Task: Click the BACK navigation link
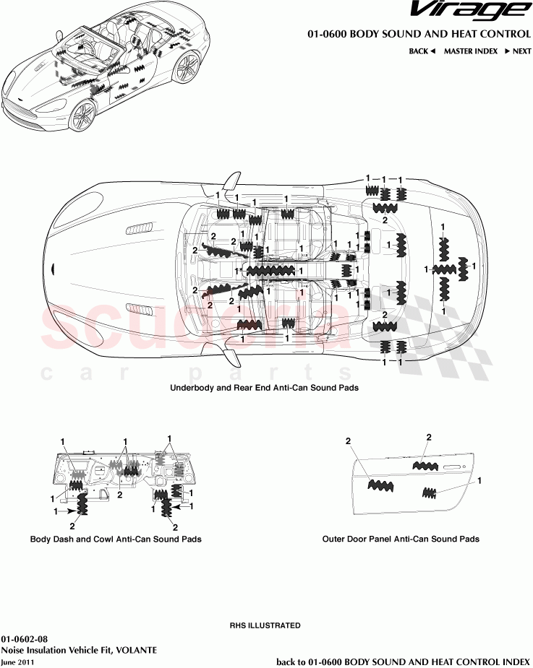coord(422,51)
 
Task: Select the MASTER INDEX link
coord(470,51)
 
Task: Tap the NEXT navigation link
coord(518,51)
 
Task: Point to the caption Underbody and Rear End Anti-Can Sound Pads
coord(264,388)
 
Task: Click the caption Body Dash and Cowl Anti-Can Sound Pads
coord(116,539)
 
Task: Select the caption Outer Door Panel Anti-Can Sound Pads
coord(401,539)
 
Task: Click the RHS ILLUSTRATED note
coord(265,625)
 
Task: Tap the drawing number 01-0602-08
coord(25,639)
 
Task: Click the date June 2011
coord(17,661)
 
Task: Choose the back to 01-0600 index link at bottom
coord(404,661)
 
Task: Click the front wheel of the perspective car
coord(82,115)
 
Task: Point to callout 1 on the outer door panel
coord(479,480)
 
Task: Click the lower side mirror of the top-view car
coord(231,355)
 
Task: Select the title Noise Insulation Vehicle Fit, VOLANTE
coord(79,650)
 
